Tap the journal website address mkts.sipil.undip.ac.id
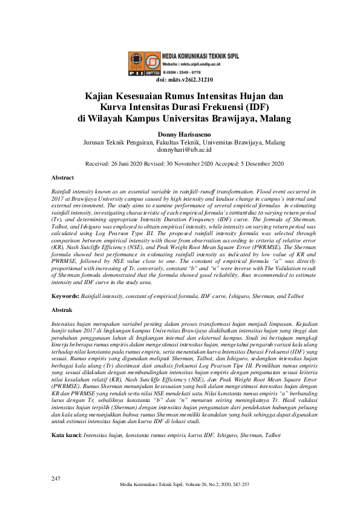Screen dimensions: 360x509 pyautogui.click(x=207, y=63)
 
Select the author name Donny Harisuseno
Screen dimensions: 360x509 pyautogui.click(x=180, y=134)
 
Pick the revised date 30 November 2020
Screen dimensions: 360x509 pyautogui.click(x=198, y=163)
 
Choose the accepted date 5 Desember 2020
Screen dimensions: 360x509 pyautogui.click(x=262, y=163)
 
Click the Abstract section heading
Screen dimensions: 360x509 pyautogui.click(x=63, y=178)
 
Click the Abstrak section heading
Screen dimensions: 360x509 pyautogui.click(x=62, y=309)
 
